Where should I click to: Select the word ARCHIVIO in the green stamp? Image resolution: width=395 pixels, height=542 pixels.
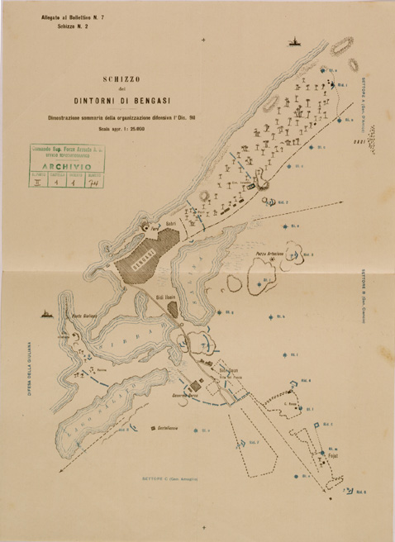(x=75, y=165)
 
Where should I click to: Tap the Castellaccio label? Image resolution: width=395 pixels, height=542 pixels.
(x=166, y=429)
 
